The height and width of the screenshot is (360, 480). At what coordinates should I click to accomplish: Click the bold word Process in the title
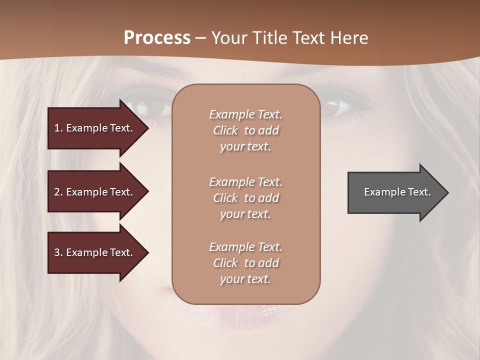[x=157, y=38]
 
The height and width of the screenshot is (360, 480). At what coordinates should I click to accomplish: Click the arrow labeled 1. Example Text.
[x=95, y=128]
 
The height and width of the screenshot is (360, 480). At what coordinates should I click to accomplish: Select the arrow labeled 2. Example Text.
[x=95, y=192]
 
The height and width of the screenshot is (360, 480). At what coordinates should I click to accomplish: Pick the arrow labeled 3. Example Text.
[x=95, y=252]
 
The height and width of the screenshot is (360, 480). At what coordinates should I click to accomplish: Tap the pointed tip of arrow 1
[x=147, y=128]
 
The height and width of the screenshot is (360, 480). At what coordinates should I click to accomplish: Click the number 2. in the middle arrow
[x=58, y=192]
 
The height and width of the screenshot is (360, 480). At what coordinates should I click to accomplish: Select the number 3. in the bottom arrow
[x=58, y=252]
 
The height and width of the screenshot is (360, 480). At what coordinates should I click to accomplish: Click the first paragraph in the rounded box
[x=245, y=130]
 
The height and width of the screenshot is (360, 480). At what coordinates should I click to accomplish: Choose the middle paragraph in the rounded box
[x=245, y=198]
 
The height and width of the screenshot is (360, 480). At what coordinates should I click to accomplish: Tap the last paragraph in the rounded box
[x=245, y=263]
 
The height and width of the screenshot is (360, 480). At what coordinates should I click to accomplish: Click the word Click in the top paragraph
[x=225, y=130]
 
